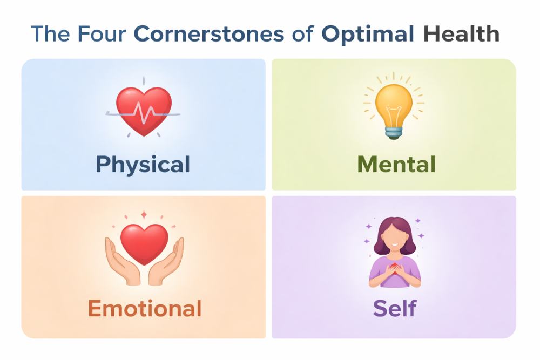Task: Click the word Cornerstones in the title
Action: [x=208, y=33]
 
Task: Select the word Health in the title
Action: [x=461, y=33]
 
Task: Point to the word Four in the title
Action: [x=102, y=33]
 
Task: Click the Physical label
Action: [x=143, y=165]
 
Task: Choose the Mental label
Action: [x=396, y=164]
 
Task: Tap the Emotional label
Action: [x=145, y=308]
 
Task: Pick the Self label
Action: [x=395, y=308]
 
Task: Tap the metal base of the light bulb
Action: [x=394, y=133]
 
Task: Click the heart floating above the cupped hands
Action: [x=144, y=243]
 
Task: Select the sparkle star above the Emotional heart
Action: [x=144, y=215]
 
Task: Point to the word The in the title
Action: [x=50, y=33]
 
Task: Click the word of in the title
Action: [x=303, y=33]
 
